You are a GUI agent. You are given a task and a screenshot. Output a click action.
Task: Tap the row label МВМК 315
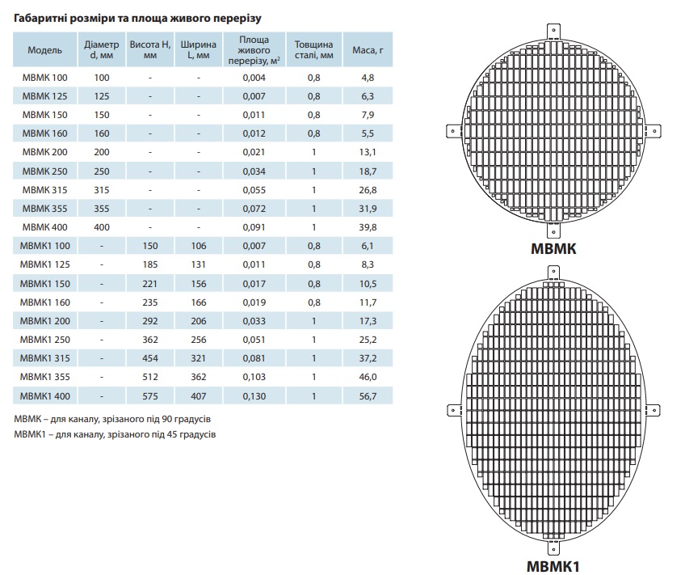[x=45, y=190]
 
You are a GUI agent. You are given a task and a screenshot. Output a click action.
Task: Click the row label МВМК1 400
[x=48, y=396]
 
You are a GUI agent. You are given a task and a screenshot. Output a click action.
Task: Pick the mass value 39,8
[x=368, y=227]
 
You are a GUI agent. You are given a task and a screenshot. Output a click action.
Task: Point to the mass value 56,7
[x=368, y=396]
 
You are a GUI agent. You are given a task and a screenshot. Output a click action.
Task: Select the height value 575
[x=149, y=396]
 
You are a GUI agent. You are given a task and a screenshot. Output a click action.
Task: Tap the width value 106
[x=199, y=246]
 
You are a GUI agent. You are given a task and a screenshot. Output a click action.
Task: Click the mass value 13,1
[x=368, y=152]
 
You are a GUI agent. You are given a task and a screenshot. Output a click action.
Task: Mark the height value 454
[x=149, y=359]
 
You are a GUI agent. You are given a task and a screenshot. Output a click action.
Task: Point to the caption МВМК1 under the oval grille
[x=554, y=565]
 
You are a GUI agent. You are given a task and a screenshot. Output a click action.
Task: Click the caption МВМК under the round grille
[x=553, y=251]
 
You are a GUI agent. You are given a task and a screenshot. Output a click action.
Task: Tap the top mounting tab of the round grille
[x=555, y=31]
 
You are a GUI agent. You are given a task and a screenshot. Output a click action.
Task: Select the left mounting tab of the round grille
[x=454, y=130]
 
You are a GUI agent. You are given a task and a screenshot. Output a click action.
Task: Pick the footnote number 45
[x=166, y=435]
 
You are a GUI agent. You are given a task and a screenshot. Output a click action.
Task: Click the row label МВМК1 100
[x=48, y=246]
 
